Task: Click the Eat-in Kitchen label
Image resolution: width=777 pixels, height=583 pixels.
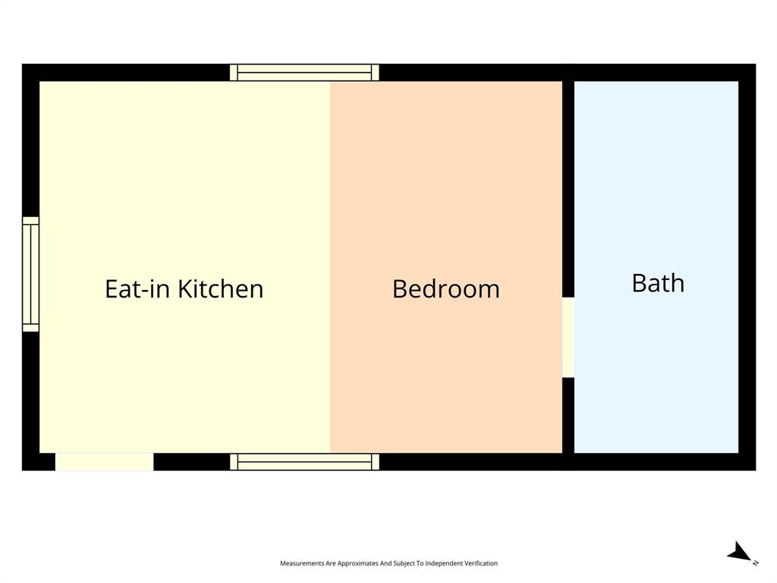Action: point(184,289)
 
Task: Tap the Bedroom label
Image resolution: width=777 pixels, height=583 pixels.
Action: point(445,289)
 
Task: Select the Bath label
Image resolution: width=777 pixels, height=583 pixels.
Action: point(658,283)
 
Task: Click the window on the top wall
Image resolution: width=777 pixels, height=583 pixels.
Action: point(304,73)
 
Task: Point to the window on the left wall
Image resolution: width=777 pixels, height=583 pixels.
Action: point(30,274)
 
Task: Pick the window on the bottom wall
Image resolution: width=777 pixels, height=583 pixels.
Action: point(304,462)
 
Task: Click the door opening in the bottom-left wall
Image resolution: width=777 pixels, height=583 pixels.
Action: point(105,462)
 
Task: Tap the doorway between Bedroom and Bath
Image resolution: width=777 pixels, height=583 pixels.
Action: point(568,337)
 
